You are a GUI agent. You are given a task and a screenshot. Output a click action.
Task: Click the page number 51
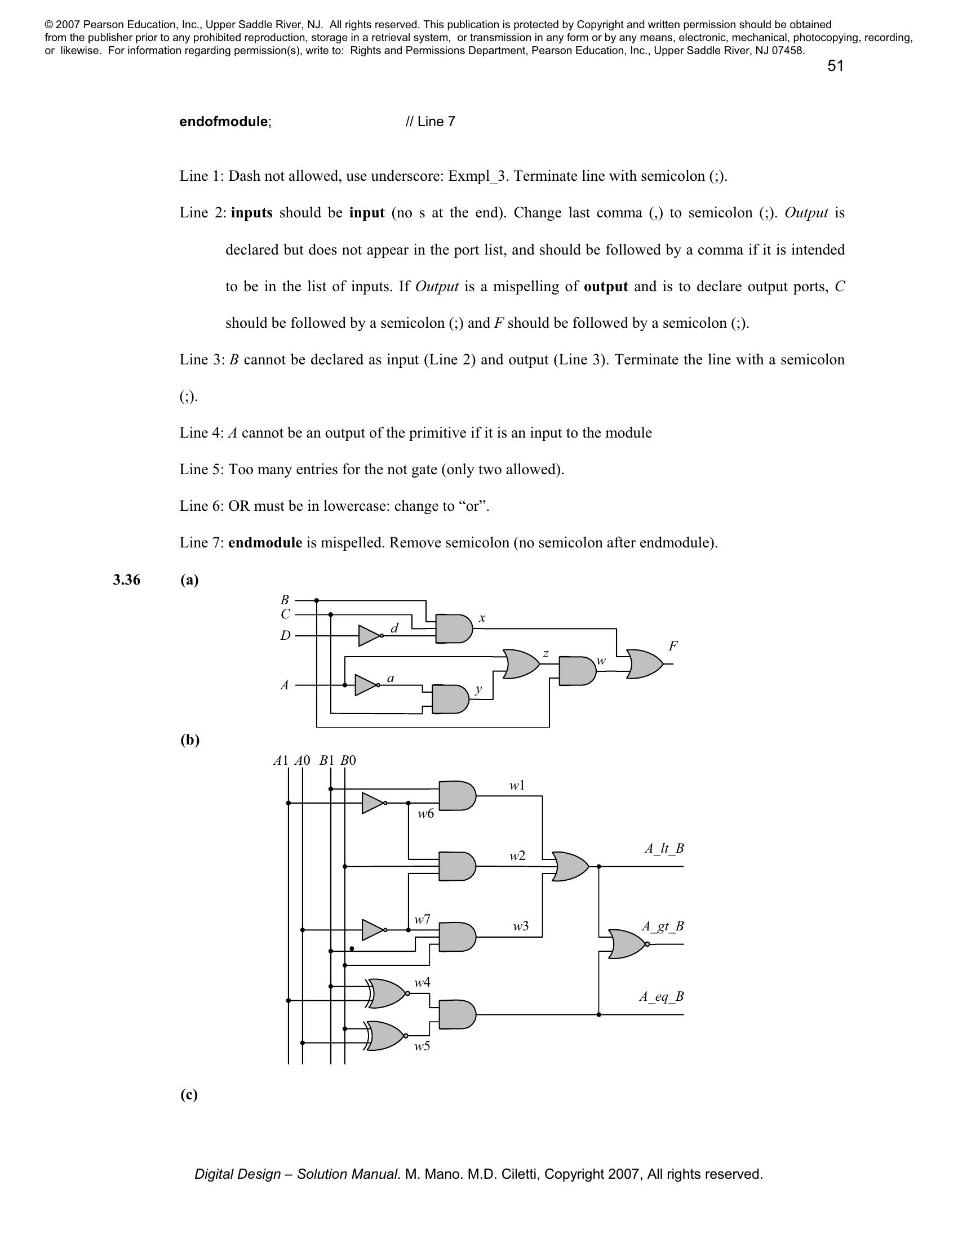[x=835, y=66]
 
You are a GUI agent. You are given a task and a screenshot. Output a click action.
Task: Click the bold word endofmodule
[x=224, y=122]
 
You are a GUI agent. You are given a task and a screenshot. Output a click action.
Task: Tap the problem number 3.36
[x=127, y=580]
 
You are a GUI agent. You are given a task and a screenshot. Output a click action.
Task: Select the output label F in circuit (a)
[x=673, y=646]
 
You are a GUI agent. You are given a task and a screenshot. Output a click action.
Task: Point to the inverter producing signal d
[x=370, y=636]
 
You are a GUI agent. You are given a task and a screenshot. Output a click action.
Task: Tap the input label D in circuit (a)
[x=285, y=636]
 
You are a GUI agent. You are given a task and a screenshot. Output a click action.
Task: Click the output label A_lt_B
[x=664, y=849]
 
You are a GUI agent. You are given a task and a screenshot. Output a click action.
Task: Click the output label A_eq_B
[x=662, y=997]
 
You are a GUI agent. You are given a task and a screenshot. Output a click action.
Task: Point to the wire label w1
[x=517, y=785]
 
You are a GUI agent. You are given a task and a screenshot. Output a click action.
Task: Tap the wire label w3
[x=521, y=926]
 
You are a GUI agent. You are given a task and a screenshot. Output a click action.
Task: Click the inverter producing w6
[x=374, y=803]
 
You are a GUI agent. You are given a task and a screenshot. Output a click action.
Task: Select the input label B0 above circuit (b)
[x=348, y=760]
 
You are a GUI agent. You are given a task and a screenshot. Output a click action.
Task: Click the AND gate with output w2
[x=458, y=866]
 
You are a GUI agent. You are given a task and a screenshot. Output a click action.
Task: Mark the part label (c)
[x=189, y=1095]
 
